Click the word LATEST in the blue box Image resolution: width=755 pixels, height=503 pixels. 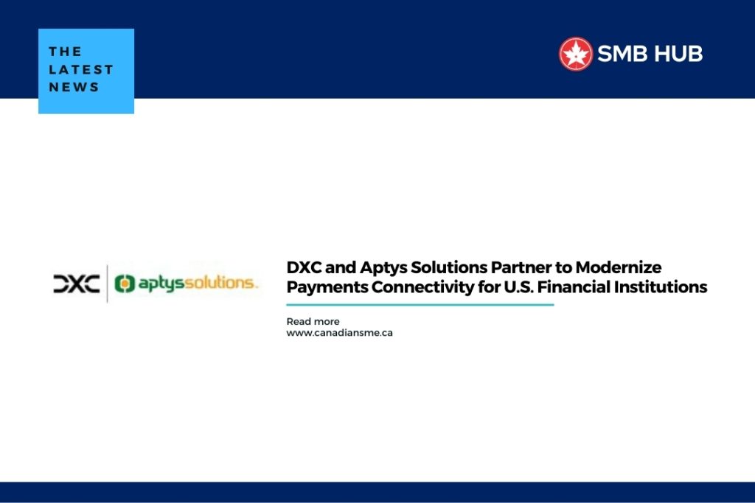tap(81, 70)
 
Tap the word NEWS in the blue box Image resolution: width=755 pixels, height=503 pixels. tap(74, 87)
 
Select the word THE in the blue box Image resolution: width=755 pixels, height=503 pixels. tap(65, 52)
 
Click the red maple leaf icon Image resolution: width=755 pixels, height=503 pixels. tap(575, 54)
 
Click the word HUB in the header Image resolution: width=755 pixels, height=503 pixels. tap(679, 54)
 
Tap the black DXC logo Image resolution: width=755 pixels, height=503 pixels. tap(77, 284)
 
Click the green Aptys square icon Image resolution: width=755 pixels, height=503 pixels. tap(124, 284)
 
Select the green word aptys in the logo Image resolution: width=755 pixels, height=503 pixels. tap(161, 284)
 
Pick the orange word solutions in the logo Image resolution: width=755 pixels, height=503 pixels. tap(221, 283)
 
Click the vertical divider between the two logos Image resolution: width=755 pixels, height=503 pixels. tap(107, 284)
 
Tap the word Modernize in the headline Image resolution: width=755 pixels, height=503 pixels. tap(619, 267)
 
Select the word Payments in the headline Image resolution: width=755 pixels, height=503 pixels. tap(327, 287)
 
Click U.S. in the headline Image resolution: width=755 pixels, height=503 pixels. tap(518, 287)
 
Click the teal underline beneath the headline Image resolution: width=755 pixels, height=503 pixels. tap(420, 304)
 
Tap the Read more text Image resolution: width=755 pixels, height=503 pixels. tap(313, 321)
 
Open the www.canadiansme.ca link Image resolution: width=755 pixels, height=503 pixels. tap(339, 333)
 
